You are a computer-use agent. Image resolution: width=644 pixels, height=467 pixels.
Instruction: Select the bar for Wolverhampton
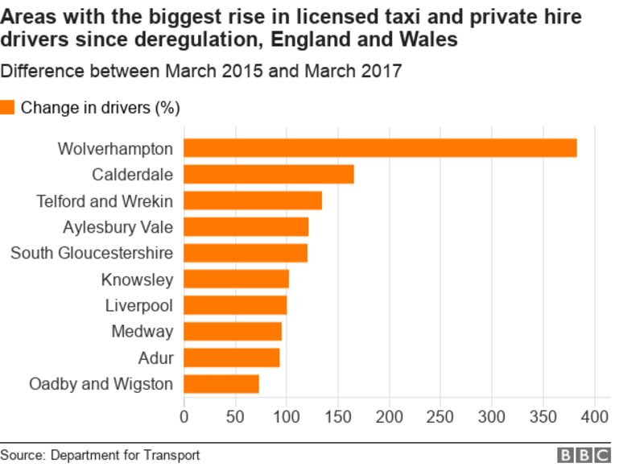point(380,148)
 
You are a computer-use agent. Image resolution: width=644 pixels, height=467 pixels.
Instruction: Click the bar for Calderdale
point(269,174)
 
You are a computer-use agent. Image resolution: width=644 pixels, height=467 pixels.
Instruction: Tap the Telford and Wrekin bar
point(253,200)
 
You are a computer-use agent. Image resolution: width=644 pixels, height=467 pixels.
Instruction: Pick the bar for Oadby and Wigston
point(221,384)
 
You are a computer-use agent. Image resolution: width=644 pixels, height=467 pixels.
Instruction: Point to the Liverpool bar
point(235,305)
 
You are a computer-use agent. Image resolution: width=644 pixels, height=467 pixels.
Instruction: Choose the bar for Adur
point(232,357)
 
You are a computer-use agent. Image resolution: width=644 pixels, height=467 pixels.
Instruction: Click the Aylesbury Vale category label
point(118,227)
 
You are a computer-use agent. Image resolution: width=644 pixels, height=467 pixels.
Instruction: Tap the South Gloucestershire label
point(91,253)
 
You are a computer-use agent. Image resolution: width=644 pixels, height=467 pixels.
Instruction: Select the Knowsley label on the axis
point(137,279)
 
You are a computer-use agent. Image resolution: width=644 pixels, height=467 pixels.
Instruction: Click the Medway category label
point(142,332)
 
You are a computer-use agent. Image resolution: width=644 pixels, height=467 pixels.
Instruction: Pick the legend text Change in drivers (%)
point(100,107)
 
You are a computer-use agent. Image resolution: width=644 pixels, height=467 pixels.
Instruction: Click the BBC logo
point(584,456)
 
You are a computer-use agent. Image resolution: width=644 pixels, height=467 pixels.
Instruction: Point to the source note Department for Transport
point(125,455)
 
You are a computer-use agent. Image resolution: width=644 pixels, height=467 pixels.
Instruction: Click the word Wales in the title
point(428,39)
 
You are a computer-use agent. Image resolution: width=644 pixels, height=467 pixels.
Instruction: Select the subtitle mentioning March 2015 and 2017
point(201,71)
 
